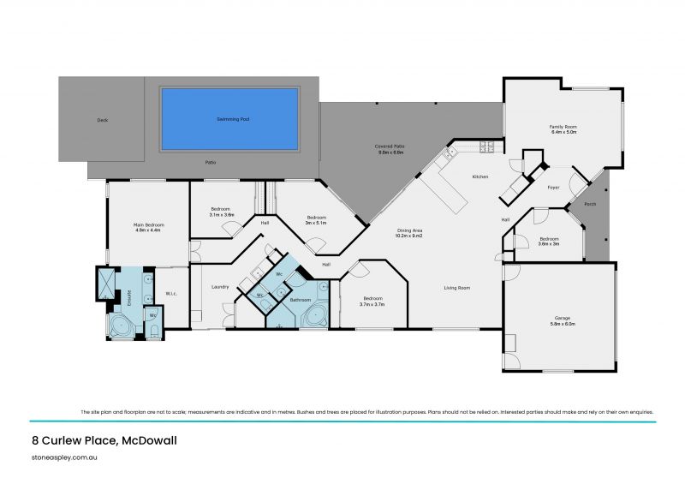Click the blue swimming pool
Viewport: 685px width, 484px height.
tap(229, 119)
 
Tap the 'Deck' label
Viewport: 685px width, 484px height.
tap(103, 120)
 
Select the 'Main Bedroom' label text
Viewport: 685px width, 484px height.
tap(147, 225)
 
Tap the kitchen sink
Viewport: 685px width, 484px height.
tap(449, 155)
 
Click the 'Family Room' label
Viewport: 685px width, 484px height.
tap(563, 128)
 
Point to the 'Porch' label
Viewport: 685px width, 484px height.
tap(590, 204)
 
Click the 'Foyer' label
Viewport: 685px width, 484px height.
tap(553, 186)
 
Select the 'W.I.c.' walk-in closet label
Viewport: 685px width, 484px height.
tap(170, 295)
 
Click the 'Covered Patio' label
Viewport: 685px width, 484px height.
tap(390, 146)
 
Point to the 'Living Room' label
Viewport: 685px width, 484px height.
tap(456, 288)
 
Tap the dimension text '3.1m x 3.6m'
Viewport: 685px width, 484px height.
tap(222, 215)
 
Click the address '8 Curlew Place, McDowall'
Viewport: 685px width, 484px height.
tap(98, 441)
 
